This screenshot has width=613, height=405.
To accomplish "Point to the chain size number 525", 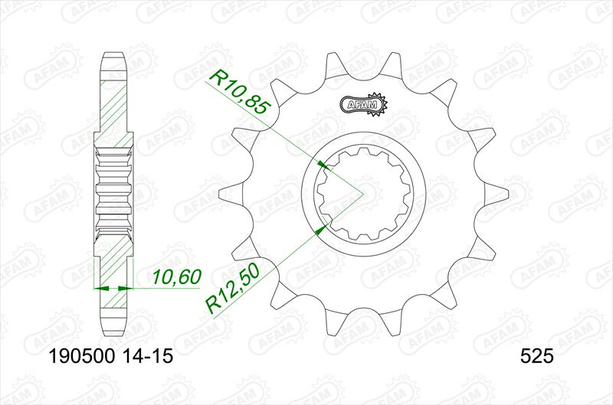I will click(537, 357).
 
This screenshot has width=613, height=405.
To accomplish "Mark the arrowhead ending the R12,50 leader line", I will click(323, 227).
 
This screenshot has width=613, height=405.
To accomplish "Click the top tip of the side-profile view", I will click(113, 55).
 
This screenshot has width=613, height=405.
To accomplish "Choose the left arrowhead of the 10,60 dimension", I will click(99, 289).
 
